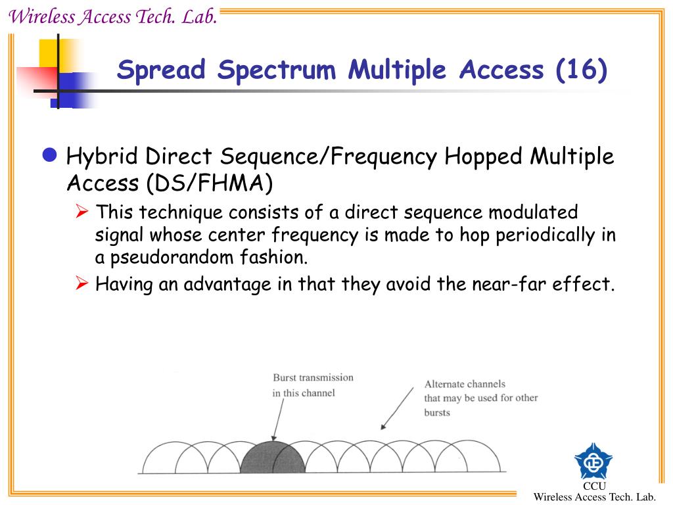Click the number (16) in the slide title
[581, 70]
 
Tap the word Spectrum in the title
[279, 70]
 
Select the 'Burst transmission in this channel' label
[313, 385]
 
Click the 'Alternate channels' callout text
[480, 398]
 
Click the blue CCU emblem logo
[593, 461]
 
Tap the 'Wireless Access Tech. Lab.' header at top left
[112, 17]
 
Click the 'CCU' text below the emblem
[593, 486]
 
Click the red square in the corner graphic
[37, 82]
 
